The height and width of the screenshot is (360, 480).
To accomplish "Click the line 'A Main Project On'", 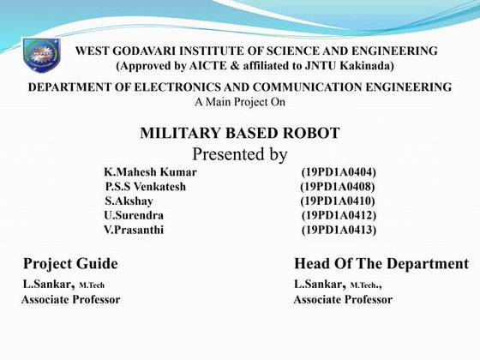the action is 240,102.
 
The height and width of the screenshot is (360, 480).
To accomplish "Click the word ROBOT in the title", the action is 314,133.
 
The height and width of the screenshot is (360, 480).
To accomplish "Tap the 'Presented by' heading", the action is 239,155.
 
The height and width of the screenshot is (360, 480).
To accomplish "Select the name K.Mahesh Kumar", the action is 150,172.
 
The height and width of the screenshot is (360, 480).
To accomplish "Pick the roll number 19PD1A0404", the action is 339,172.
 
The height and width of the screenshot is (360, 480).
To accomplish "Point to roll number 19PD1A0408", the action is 338,187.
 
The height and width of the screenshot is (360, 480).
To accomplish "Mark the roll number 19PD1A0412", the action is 339,215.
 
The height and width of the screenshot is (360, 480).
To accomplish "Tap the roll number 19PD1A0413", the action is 339,230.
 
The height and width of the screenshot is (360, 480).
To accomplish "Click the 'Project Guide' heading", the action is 70,263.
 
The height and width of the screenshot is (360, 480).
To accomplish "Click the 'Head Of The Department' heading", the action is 381,263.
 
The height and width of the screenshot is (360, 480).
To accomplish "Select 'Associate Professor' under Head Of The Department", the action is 343,300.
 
